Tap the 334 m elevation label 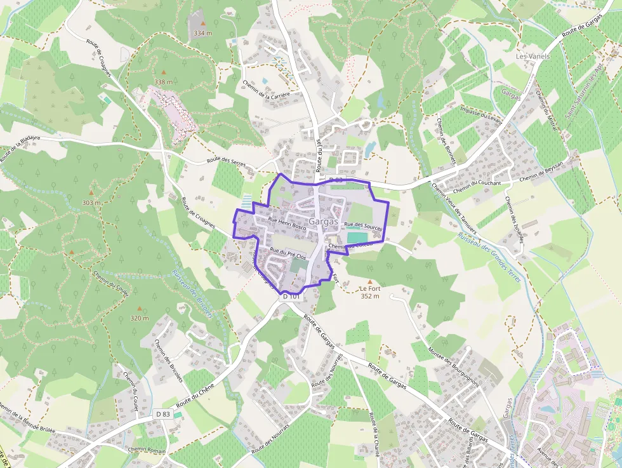pos(202,33)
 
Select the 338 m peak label pos(163,82)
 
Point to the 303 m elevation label pos(91,203)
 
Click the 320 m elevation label pos(140,318)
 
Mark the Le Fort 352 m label pos(369,292)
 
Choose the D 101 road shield pos(291,297)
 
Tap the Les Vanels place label pos(533,57)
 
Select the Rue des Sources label pos(362,225)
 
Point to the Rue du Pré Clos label pos(288,253)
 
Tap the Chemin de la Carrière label pos(267,90)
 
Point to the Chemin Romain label pos(147,450)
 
